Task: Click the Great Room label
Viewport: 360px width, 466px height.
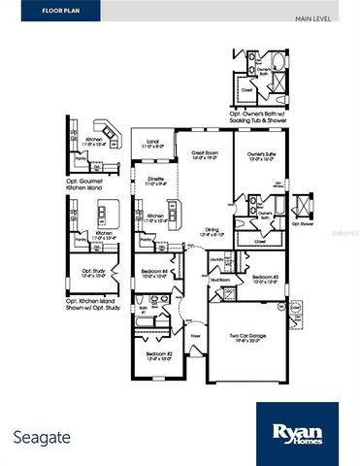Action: [203, 154]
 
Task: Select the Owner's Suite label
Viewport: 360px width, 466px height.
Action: [256, 154]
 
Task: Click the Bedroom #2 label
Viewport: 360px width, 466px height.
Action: [159, 355]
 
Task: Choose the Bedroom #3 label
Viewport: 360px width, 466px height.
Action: [268, 279]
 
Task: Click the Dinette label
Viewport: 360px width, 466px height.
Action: [143, 178]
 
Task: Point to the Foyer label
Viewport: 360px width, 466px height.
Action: [195, 338]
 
